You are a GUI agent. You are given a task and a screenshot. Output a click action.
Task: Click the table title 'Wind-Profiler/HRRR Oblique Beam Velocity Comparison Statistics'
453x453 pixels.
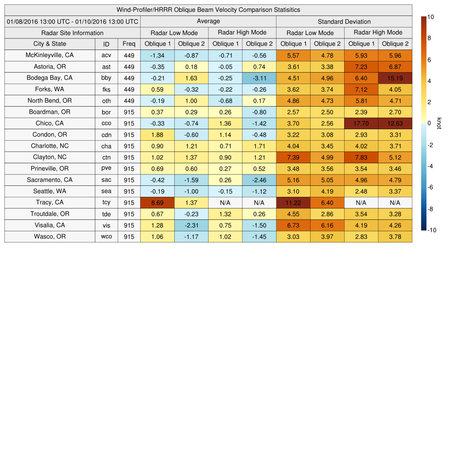208,10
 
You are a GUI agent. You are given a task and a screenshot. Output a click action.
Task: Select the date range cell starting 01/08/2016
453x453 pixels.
73,21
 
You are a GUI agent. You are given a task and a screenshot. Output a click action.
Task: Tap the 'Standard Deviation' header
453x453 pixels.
344,21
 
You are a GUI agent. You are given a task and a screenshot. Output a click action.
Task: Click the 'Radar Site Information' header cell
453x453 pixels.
73,33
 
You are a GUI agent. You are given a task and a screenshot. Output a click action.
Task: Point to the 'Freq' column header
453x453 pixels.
129,44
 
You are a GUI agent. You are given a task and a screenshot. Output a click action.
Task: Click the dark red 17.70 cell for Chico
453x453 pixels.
361,123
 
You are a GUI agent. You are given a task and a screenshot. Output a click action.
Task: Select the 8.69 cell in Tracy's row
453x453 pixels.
157,203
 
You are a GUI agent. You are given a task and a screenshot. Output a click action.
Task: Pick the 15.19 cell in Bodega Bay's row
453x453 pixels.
395,78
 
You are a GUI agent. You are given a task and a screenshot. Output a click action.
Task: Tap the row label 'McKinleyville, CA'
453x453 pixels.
50,55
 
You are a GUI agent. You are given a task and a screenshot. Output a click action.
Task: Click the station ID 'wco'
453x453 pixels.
106,237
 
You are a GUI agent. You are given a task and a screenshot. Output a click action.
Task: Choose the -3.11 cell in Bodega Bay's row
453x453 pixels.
259,78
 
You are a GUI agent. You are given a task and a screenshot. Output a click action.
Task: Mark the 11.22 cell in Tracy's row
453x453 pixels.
293,203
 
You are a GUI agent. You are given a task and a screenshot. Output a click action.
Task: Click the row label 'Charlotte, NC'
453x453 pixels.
50,146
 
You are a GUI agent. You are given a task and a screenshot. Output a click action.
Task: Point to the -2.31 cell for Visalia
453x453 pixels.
191,225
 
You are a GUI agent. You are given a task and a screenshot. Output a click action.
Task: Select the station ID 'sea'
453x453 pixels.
106,191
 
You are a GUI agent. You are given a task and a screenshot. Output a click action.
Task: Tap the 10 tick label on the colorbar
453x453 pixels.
430,17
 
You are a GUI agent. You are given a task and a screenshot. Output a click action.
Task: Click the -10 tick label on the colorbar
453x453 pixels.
431,230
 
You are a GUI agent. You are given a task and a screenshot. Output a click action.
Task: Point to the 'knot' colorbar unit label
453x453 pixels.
438,123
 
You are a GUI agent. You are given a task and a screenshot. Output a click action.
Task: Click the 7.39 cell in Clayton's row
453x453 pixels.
293,157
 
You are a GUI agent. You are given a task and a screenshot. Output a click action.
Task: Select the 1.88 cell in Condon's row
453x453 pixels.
157,134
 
